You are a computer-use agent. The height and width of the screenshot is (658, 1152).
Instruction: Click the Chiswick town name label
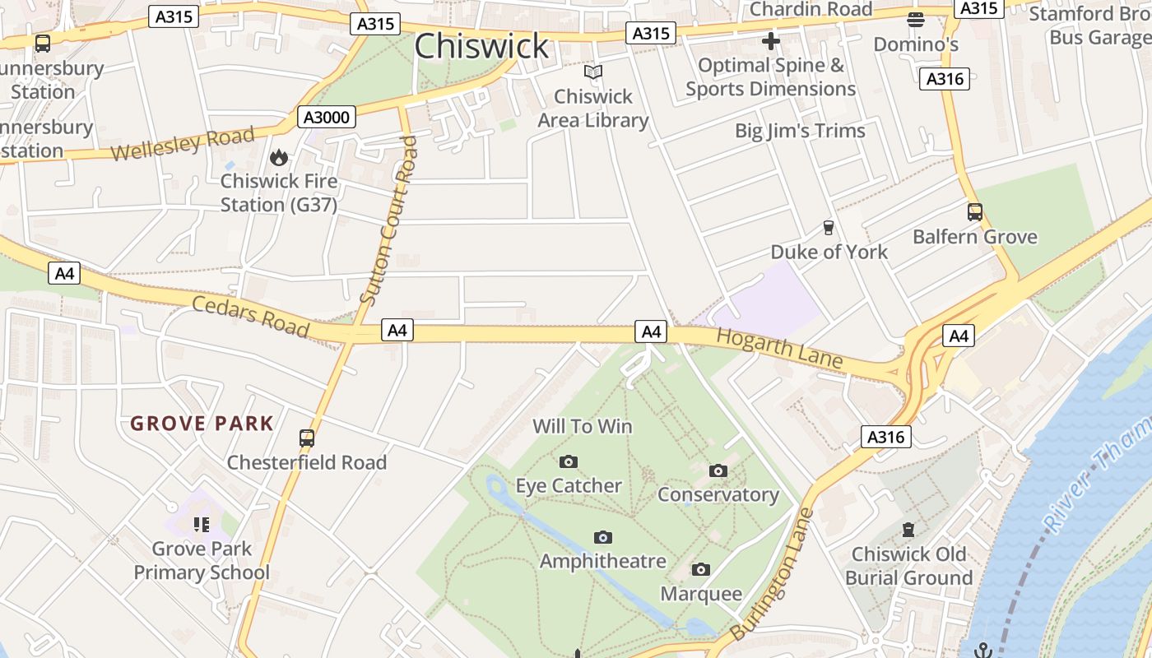pos(481,47)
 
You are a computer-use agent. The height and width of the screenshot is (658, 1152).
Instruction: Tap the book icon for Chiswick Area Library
pos(593,72)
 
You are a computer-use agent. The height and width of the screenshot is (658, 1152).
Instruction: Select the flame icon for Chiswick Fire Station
pos(279,157)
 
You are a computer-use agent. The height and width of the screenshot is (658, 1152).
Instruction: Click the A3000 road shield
pos(327,118)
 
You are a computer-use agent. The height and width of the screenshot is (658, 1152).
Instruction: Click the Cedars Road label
pos(250,317)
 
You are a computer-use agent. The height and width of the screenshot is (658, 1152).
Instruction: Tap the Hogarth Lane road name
pos(779,348)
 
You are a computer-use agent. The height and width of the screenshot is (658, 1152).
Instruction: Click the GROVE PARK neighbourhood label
pos(202,424)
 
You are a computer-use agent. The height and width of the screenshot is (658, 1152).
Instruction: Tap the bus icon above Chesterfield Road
pos(307,438)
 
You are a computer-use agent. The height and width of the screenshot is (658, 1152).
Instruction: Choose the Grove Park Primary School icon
pos(202,524)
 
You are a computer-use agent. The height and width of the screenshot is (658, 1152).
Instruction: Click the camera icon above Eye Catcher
pos(569,462)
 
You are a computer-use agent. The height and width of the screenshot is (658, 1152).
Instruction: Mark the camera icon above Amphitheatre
pos(603,538)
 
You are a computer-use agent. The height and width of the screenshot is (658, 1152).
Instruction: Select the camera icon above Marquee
pos(701,570)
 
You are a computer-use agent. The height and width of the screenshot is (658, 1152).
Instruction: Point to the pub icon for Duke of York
pos(829,228)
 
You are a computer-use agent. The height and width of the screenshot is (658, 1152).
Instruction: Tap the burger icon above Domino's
pos(916,20)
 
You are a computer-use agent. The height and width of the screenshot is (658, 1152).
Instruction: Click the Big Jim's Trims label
pos(800,131)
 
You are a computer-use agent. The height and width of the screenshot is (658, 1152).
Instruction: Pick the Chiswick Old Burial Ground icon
pos(908,531)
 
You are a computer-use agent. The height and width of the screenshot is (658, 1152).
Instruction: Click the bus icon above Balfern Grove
pos(975,212)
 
